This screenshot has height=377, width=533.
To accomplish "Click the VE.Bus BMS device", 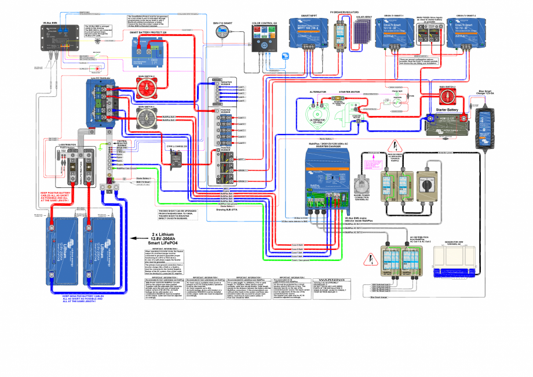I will point(54,40).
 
